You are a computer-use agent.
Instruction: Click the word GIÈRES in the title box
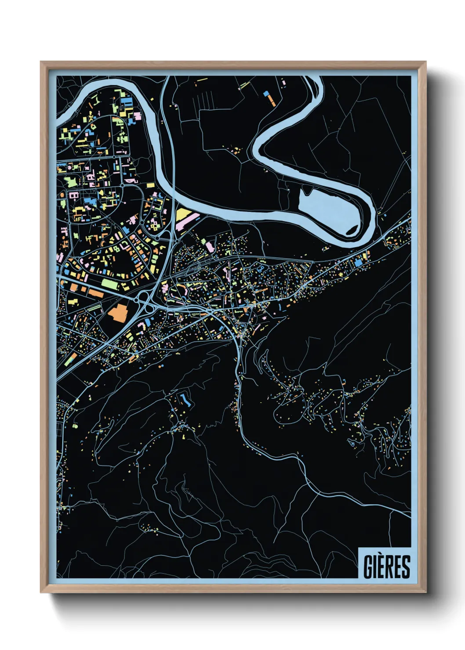[386, 567]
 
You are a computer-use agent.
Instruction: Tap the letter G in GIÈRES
[367, 567]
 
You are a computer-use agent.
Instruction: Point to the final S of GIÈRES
[406, 567]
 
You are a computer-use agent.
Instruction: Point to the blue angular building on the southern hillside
[184, 399]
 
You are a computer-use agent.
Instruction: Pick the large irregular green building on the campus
[70, 181]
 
